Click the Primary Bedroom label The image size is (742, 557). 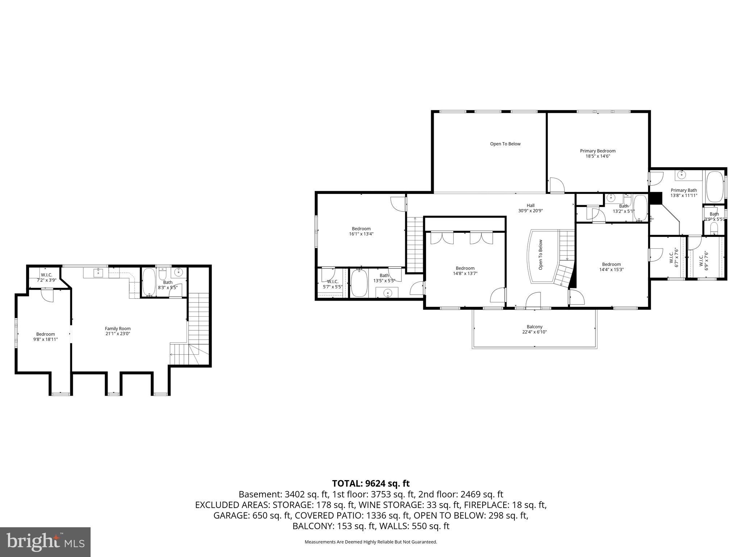pyautogui.click(x=597, y=151)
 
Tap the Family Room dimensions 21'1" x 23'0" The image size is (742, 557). pyautogui.click(x=117, y=334)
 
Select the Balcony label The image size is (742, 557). pyautogui.click(x=534, y=327)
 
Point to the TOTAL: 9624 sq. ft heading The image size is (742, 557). pyautogui.click(x=371, y=483)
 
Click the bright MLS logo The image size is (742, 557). pyautogui.click(x=45, y=542)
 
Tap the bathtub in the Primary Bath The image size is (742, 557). pyautogui.click(x=714, y=187)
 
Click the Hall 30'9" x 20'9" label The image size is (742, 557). pyautogui.click(x=530, y=208)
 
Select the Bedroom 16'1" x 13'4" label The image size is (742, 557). pyautogui.click(x=361, y=231)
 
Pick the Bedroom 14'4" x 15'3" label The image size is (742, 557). pyautogui.click(x=611, y=267)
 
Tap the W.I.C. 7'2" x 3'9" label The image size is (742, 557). pyautogui.click(x=46, y=277)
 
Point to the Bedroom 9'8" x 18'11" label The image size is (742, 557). pyautogui.click(x=45, y=337)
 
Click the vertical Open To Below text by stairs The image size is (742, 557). pyautogui.click(x=541, y=255)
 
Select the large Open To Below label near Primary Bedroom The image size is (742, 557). pyautogui.click(x=505, y=144)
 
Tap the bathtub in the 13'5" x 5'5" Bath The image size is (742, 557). pyautogui.click(x=359, y=283)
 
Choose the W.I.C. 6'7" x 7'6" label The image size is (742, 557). pyautogui.click(x=673, y=258)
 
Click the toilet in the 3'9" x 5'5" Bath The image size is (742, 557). pyautogui.click(x=714, y=228)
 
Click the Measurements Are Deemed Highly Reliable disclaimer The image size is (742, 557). pyautogui.click(x=371, y=542)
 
